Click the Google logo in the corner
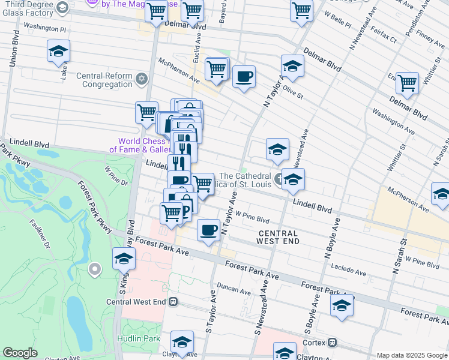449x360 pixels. click(x=20, y=353)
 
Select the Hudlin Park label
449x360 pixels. click(x=139, y=338)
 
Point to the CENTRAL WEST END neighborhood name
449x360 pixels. click(x=277, y=237)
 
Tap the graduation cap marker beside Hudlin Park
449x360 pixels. click(x=181, y=342)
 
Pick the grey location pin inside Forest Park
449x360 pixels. click(x=94, y=269)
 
